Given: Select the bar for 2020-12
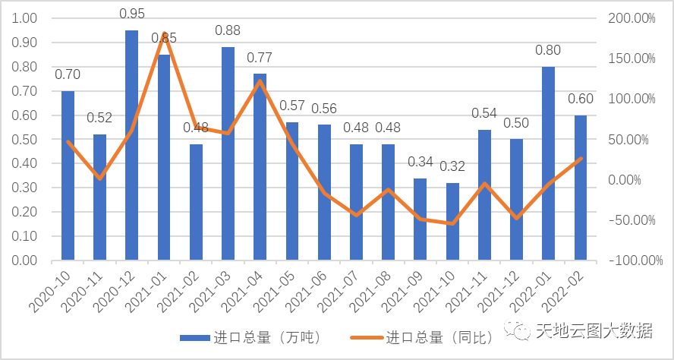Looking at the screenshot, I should pyautogui.click(x=131, y=144).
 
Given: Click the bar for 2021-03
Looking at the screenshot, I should pyautogui.click(x=228, y=152).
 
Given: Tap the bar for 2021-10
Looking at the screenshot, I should pyautogui.click(x=452, y=221).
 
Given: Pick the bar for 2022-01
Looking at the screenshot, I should pyautogui.click(x=548, y=163).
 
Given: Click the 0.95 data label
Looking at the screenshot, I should pyautogui.click(x=131, y=14).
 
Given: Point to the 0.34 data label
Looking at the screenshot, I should pyautogui.click(x=420, y=162).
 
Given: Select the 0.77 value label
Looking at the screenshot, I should pyautogui.click(x=260, y=57).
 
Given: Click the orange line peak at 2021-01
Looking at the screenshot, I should pyautogui.click(x=164, y=33).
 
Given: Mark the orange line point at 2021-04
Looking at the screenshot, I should pyautogui.click(x=260, y=81).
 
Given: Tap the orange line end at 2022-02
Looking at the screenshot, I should pyautogui.click(x=580, y=159).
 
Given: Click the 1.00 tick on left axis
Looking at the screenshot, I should pyautogui.click(x=25, y=18).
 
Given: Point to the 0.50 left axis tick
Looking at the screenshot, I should pyautogui.click(x=25, y=140).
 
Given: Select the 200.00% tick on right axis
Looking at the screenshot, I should pyautogui.click(x=631, y=18).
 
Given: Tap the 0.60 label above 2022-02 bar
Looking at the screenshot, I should pyautogui.click(x=580, y=99).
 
